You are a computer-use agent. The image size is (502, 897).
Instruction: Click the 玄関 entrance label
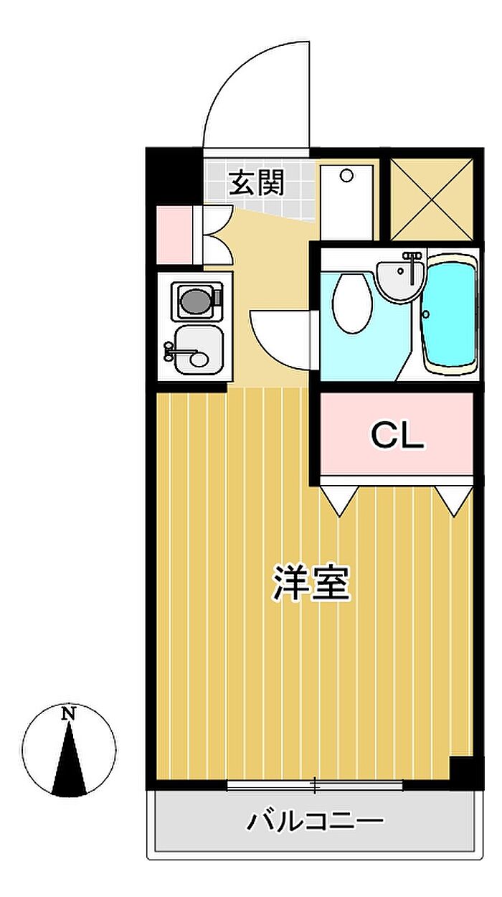click(257, 182)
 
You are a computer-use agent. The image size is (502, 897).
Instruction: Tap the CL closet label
click(397, 436)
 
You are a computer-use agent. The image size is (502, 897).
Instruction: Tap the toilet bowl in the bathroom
click(352, 303)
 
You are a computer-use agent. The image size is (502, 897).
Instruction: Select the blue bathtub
click(450, 314)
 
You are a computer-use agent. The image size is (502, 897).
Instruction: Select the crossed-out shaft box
click(432, 199)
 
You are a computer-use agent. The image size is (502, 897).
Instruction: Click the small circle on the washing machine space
click(346, 175)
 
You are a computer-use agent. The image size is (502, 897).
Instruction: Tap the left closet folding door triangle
click(339, 501)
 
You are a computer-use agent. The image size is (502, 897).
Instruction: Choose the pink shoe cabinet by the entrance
click(174, 235)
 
